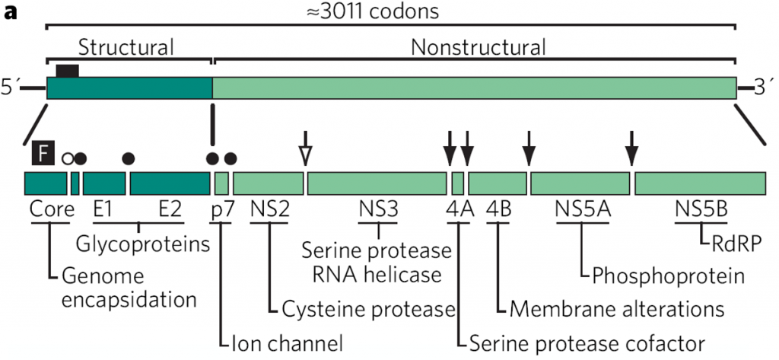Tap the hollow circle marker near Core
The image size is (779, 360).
coord(67,158)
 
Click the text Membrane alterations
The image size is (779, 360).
coord(616,308)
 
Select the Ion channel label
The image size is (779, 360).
coord(286,342)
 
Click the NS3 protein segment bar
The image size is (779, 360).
coord(377,183)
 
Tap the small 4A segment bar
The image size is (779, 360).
coord(457,183)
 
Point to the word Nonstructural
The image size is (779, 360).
coord(479,47)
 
